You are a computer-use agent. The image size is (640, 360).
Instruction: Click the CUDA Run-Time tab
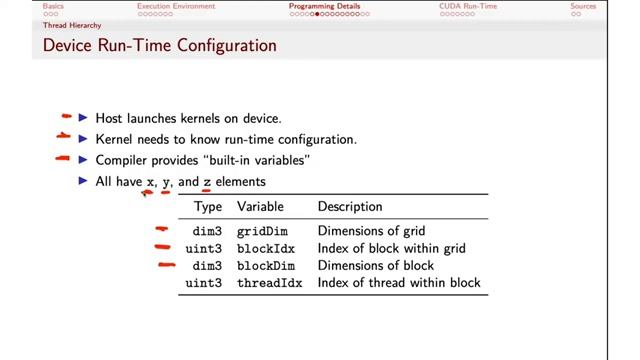click(466, 6)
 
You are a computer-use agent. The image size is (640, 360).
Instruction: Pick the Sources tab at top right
click(582, 6)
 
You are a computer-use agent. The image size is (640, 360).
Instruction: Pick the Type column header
click(208, 207)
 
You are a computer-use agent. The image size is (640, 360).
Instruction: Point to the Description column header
click(350, 207)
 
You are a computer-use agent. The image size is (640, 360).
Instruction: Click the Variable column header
click(260, 207)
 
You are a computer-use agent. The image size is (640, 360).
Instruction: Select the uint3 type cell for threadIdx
click(204, 283)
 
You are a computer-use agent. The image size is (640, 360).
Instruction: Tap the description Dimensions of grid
click(371, 232)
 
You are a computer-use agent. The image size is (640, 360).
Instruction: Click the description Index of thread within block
click(398, 283)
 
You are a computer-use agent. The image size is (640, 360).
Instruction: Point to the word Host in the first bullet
click(109, 118)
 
